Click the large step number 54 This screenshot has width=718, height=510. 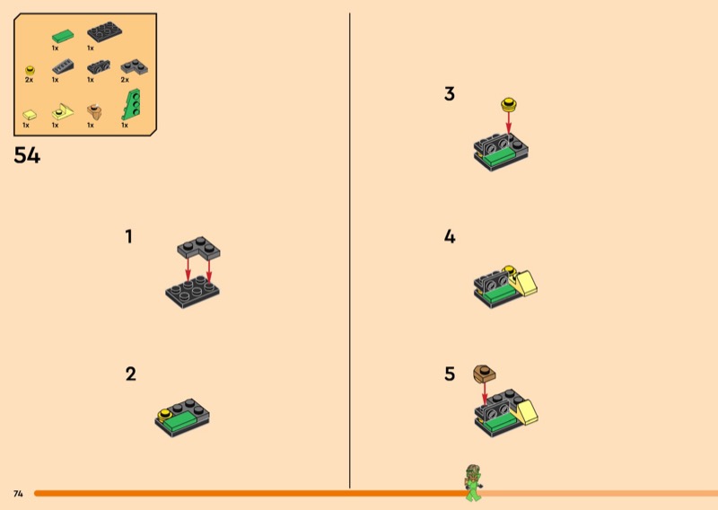coord(27,154)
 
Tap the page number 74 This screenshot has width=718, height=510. coord(18,494)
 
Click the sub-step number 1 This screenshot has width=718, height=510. coord(128,236)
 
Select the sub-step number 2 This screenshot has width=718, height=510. coord(130,374)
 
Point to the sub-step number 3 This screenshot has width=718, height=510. coord(450,93)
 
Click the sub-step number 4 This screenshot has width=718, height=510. coord(450,236)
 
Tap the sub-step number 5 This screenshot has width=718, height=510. coord(450,374)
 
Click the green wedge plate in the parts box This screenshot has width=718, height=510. coord(131,104)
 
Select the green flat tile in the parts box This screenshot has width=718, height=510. coord(63,36)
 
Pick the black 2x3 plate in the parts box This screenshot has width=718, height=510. coord(104,32)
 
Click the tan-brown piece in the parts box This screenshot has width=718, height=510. coord(94,111)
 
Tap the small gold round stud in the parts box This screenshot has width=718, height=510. coord(31,71)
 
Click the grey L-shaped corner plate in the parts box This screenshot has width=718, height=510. coord(134,67)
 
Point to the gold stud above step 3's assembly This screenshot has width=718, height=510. coord(509,104)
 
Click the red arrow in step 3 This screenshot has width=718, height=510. coord(508,123)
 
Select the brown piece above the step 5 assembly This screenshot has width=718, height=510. coord(484,374)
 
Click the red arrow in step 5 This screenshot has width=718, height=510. coord(485,394)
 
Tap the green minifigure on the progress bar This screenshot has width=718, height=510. coord(473,483)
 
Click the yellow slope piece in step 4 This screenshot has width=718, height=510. coord(525,284)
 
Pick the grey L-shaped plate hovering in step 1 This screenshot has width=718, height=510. coord(198,248)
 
